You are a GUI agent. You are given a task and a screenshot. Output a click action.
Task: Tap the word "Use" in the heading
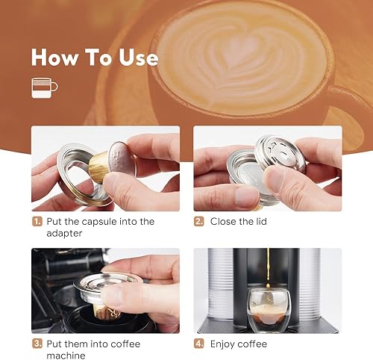138,57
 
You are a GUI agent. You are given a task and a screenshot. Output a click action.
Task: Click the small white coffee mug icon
44,88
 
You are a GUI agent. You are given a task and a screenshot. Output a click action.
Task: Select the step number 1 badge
37,222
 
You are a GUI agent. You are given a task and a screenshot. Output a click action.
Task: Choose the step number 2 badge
199,222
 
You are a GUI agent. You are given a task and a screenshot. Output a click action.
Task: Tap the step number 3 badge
37,344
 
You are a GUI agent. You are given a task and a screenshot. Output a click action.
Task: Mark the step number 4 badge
199,344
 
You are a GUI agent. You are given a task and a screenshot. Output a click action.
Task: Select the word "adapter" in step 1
64,234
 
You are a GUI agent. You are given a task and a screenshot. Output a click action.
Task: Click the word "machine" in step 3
66,356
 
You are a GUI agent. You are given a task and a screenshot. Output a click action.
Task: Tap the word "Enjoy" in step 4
222,344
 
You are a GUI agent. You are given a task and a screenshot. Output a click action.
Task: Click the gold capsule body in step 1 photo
98,164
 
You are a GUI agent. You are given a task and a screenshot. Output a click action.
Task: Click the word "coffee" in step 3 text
125,344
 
